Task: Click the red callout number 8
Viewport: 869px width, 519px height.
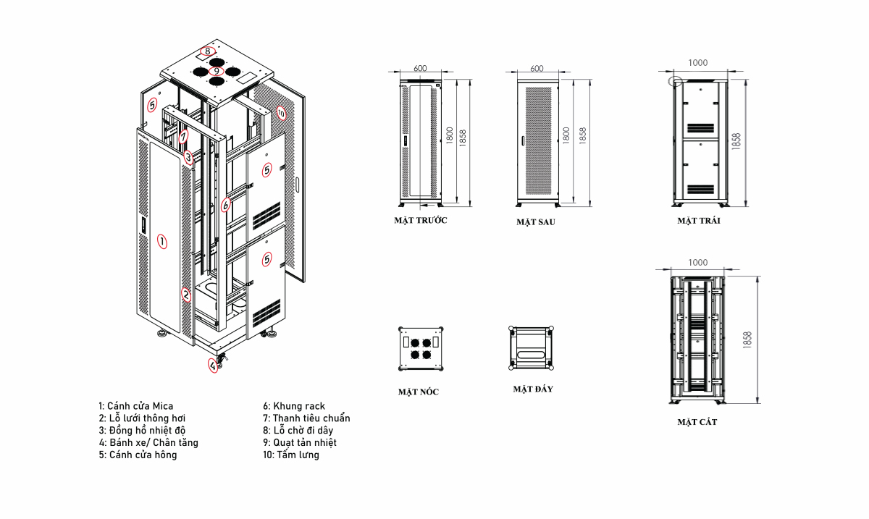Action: [208, 51]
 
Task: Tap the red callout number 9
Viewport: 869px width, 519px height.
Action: [216, 71]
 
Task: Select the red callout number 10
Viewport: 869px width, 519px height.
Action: [281, 113]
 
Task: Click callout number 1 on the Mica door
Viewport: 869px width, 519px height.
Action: [162, 241]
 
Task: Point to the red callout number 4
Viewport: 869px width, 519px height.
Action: [213, 366]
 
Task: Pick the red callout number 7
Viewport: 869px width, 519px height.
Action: [183, 136]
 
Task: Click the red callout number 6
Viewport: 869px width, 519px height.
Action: [225, 205]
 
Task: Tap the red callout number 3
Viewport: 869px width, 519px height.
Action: [188, 158]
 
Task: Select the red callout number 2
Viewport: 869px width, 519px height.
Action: [186, 295]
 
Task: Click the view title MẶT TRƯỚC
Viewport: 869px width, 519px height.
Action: [421, 220]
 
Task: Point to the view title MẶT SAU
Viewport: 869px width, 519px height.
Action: [535, 222]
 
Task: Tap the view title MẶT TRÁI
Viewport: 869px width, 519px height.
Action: [699, 221]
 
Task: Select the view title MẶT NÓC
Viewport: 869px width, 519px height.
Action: [419, 392]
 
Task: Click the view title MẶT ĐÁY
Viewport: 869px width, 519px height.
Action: [533, 389]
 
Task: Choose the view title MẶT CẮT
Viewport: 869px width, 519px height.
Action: [697, 421]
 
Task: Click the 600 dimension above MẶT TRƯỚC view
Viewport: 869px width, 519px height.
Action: [420, 68]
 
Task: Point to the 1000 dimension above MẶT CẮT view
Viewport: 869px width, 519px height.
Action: [698, 262]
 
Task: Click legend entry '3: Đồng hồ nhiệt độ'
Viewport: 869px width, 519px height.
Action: [142, 430]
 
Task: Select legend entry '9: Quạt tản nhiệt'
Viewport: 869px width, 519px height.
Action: [300, 442]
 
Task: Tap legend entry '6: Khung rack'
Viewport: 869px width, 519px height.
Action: [294, 406]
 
